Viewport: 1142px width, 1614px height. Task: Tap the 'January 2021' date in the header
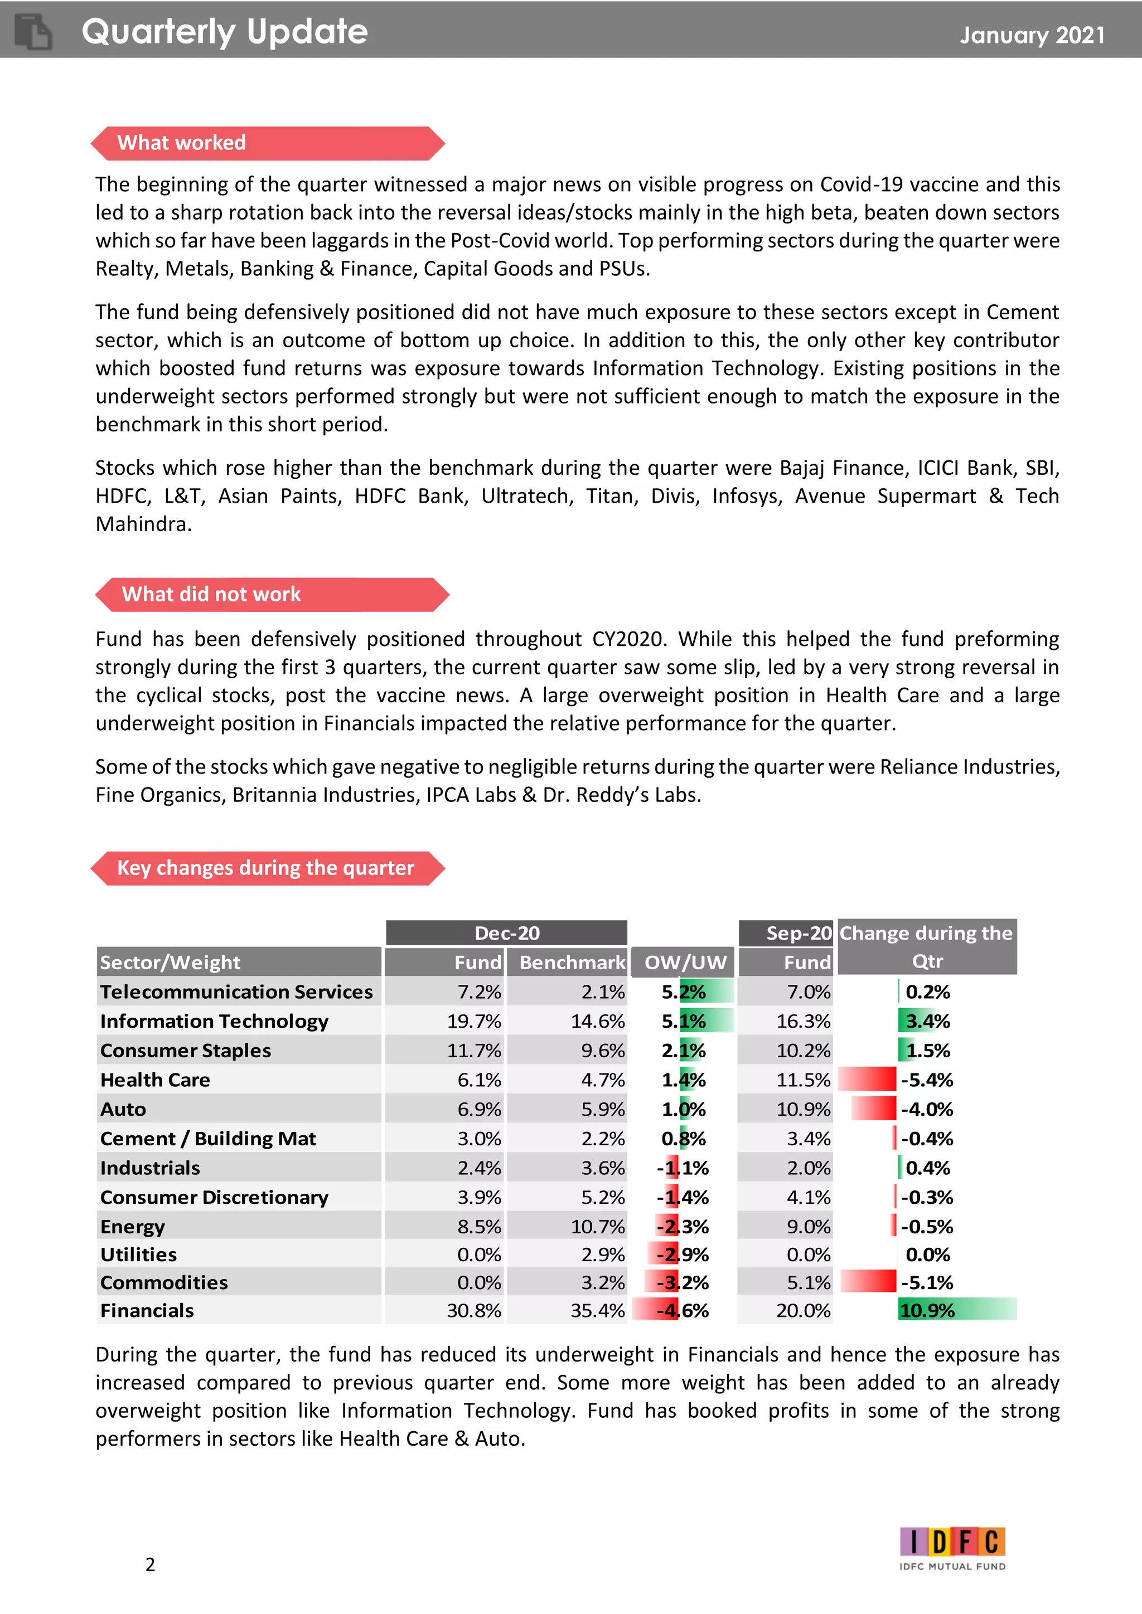[1032, 35]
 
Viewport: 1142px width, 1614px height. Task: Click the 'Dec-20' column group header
[506, 933]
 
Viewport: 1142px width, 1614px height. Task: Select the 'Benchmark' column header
[571, 962]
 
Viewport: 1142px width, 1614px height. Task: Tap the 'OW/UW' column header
[684, 962]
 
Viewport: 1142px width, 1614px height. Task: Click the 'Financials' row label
[147, 1310]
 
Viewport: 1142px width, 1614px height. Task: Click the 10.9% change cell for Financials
[927, 1310]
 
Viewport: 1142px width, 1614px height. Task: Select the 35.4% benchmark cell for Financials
[597, 1310]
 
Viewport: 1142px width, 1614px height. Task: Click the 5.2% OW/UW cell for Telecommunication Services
[684, 992]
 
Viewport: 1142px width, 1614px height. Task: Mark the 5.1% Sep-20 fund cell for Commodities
[808, 1282]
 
